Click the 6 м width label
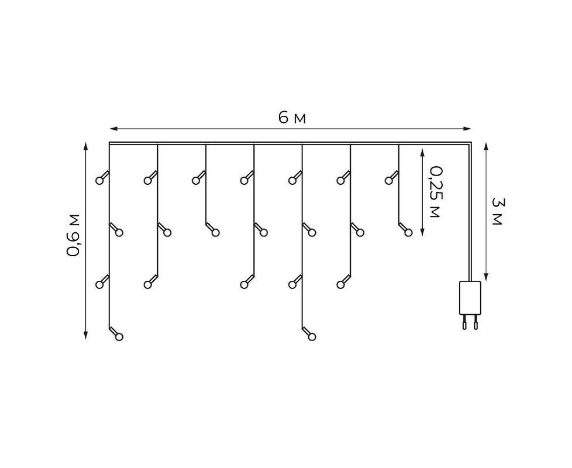click(292, 118)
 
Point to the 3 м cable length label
click(497, 211)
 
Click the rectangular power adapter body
click(470, 298)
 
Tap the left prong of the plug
click(464, 322)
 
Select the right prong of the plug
click(475, 322)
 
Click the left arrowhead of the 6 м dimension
click(113, 128)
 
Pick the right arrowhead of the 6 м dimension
click(467, 128)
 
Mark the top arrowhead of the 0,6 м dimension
click(86, 146)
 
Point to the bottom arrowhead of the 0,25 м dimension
click(422, 232)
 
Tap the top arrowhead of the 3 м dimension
click(486, 147)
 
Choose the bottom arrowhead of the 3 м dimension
click(486, 276)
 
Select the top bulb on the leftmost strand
click(99, 180)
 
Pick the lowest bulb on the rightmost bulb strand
click(408, 232)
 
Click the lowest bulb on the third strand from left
click(215, 232)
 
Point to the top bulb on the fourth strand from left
click(244, 180)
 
